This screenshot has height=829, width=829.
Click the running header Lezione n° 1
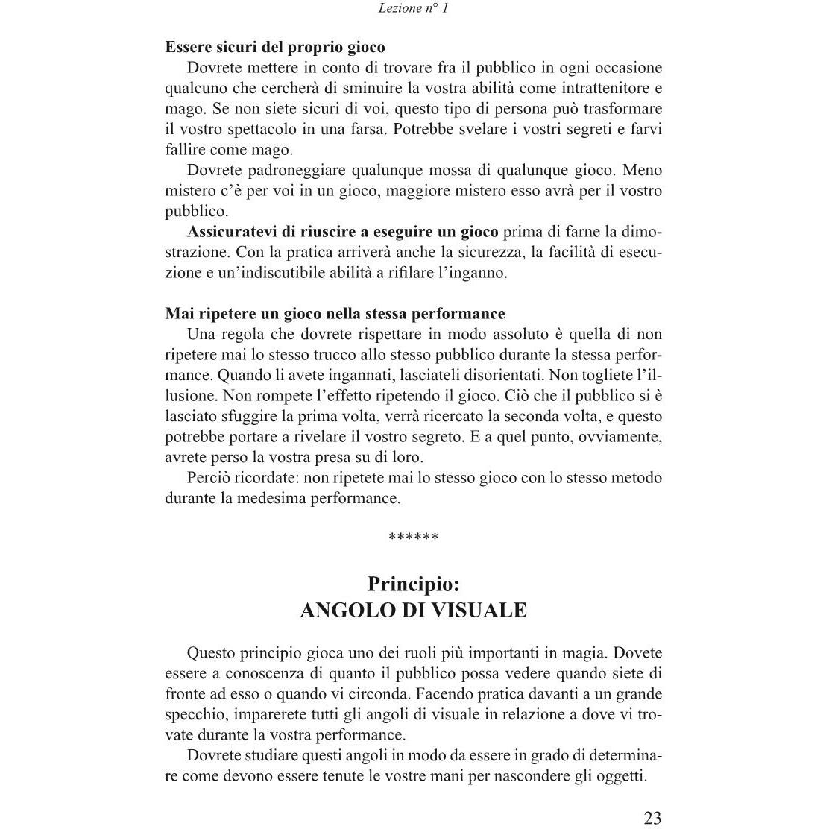pyautogui.click(x=413, y=9)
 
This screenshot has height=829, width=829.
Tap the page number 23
pyautogui.click(x=652, y=818)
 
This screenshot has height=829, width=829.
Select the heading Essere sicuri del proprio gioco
pyautogui.click(x=275, y=48)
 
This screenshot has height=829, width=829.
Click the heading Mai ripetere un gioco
pyautogui.click(x=335, y=313)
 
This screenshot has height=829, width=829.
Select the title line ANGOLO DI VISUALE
pyautogui.click(x=413, y=611)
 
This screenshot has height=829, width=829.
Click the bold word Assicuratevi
pyautogui.click(x=236, y=231)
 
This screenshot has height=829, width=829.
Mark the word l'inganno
pyautogui.click(x=474, y=272)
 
